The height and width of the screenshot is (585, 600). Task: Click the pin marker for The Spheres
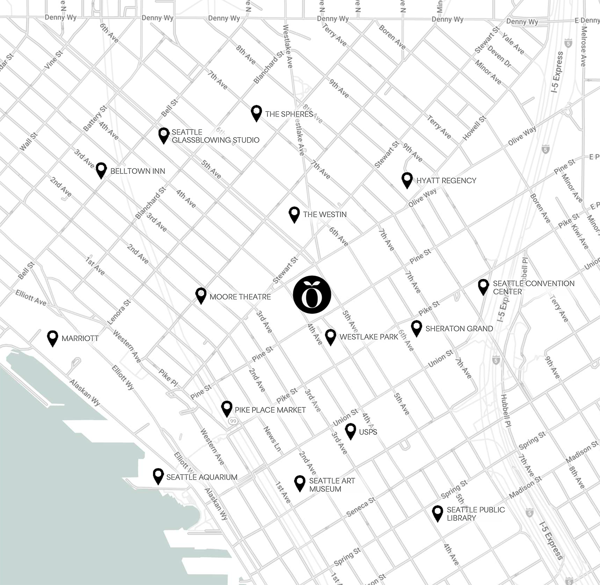pos(256,113)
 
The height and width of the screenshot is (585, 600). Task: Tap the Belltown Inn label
pos(137,171)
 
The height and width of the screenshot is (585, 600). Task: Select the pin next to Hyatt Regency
pos(407,180)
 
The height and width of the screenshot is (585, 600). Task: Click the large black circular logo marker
pos(312,294)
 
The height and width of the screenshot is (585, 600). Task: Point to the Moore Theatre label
pos(240,297)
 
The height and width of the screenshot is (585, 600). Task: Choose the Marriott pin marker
pos(52,338)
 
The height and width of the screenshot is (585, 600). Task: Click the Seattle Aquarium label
pos(202,477)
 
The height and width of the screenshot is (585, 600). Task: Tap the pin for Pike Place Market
pos(227,409)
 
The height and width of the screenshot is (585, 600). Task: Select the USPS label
pos(368,432)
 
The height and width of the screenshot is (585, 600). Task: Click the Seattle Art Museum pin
pos(300,483)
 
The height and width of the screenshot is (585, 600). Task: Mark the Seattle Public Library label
pos(475,514)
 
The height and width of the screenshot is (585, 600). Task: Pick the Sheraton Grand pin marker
pos(416,328)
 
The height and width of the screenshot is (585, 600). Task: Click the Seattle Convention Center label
pos(533,287)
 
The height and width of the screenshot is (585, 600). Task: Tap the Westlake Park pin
pos(330,336)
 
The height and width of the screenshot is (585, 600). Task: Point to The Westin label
pos(325,214)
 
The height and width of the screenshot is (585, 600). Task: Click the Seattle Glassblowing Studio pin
pos(164,135)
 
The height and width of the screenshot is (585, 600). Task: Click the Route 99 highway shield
pos(232,422)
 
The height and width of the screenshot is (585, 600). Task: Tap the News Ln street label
pos(272,439)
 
